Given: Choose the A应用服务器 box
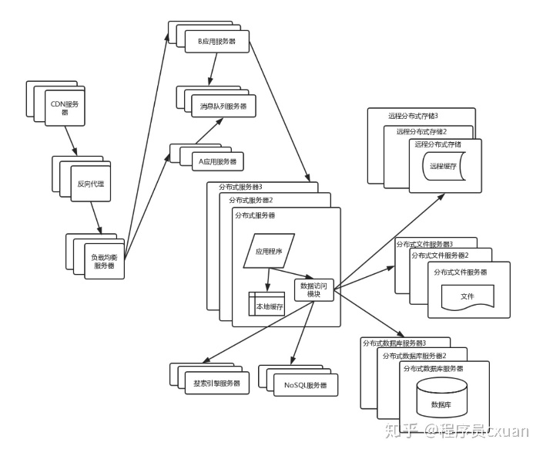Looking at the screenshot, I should [x=216, y=161].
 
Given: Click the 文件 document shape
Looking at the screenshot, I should [x=467, y=296].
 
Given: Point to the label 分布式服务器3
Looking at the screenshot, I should [x=241, y=187].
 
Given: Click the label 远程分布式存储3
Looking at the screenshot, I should [x=407, y=116].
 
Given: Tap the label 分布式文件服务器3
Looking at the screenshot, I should [x=424, y=244].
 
